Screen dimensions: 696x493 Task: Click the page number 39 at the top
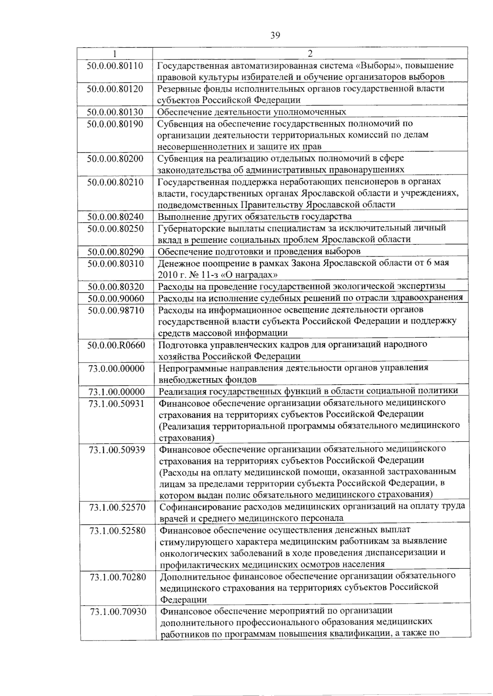click(x=275, y=36)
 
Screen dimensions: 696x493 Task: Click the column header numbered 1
click(x=115, y=53)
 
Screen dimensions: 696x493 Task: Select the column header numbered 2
click(x=310, y=53)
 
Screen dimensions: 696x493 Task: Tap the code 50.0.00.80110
click(x=115, y=66)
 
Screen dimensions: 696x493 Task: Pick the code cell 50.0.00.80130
click(x=115, y=112)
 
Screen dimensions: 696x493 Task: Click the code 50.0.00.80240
click(x=115, y=217)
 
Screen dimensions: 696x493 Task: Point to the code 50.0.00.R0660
click(x=116, y=345)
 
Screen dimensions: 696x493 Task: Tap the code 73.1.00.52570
click(x=117, y=507)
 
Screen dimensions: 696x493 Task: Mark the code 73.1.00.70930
click(x=118, y=612)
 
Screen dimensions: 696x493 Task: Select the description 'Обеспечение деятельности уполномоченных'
click(x=252, y=112)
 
